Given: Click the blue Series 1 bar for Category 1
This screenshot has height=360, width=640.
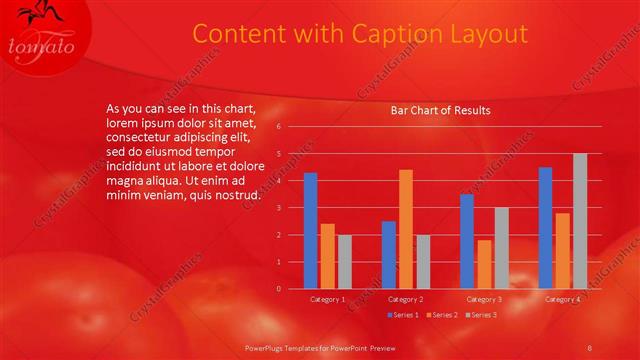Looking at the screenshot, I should coord(310,231).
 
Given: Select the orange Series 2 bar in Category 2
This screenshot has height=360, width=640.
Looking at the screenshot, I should coord(405,229).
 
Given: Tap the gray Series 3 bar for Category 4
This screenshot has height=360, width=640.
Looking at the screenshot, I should coord(579,221).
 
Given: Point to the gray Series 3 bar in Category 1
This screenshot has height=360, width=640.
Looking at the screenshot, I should coord(344,262).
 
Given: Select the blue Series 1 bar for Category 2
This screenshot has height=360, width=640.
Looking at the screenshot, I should coord(388,255).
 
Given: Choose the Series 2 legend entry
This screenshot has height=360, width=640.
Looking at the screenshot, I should coord(441,315).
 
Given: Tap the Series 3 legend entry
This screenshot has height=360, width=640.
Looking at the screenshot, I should coord(481,315).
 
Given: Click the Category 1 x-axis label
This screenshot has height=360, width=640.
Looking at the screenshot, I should coord(327,299).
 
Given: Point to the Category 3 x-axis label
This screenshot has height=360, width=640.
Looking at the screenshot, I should coord(484,299).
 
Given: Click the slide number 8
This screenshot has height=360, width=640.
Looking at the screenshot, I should coord(590,347).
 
